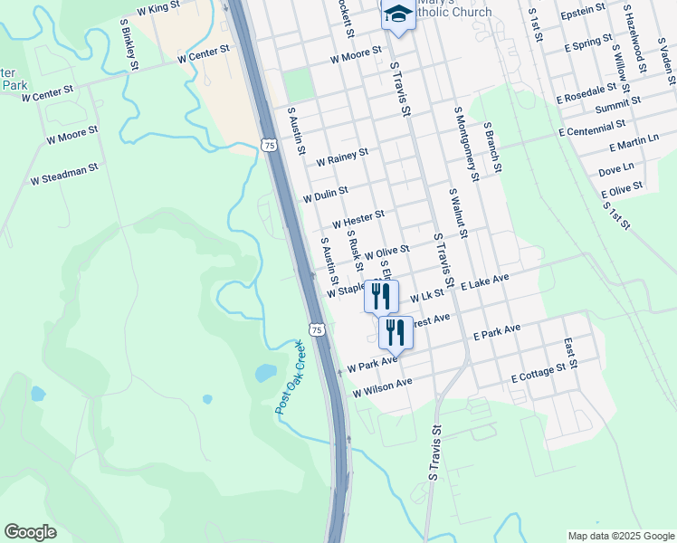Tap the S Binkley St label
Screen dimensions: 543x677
[x=129, y=48]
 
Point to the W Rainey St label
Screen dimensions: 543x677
[x=342, y=157]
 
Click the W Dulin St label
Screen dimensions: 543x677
[x=326, y=195]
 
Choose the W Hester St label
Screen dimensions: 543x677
[x=358, y=219]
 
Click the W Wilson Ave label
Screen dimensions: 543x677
[x=383, y=387]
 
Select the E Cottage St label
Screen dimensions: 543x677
[x=544, y=372]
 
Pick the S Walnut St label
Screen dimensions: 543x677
[x=457, y=214]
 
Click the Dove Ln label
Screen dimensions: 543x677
[x=616, y=169]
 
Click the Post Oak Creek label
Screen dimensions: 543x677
[x=290, y=377]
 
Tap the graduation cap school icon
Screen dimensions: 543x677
[x=397, y=16]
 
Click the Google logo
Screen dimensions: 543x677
[x=31, y=532]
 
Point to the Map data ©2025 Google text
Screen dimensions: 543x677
[x=620, y=535]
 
